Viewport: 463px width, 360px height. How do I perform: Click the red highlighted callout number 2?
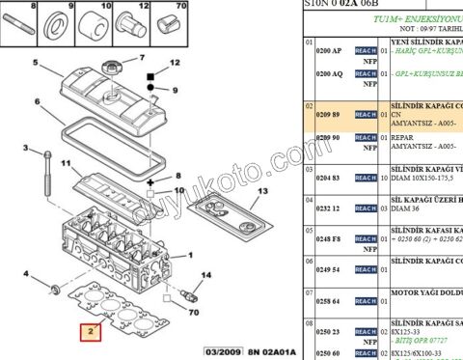[89, 334]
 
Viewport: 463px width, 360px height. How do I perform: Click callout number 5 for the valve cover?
[36, 64]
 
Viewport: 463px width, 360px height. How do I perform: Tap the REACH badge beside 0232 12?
[365, 208]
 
